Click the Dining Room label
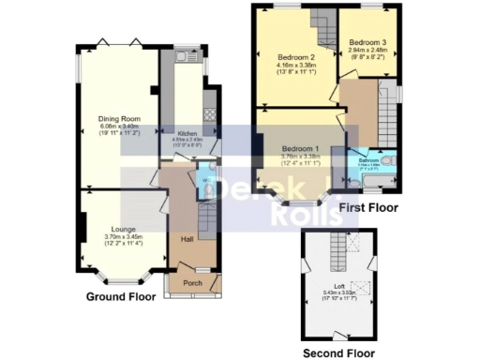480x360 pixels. coord(119,119)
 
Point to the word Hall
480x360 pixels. coord(186,239)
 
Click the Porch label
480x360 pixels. coord(192,282)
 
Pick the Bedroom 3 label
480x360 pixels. coord(368,43)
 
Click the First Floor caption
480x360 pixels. coord(369,207)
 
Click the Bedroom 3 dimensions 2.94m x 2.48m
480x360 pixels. coord(368,51)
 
